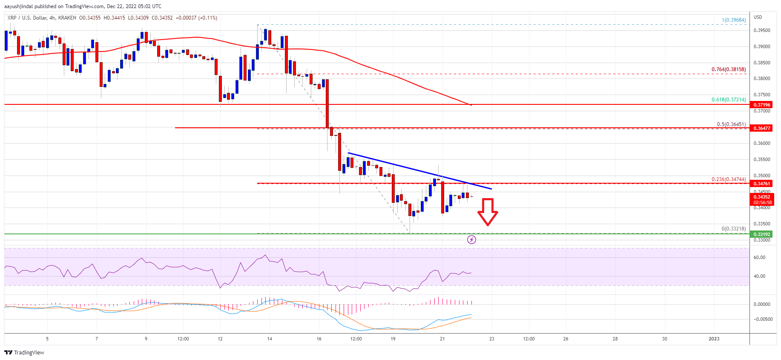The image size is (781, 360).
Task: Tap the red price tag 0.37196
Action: (762, 105)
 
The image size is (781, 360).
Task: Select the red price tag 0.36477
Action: (762, 128)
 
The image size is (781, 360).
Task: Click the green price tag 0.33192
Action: (762, 234)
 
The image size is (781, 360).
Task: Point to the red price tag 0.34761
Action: (762, 184)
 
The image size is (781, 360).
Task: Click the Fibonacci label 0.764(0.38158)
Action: (729, 69)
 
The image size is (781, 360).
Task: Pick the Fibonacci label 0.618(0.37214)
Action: (729, 100)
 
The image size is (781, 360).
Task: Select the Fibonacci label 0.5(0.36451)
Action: (731, 124)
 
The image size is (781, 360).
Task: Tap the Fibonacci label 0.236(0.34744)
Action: (729, 179)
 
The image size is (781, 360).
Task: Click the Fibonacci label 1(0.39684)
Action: (734, 20)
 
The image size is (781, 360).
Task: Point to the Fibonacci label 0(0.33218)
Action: (734, 229)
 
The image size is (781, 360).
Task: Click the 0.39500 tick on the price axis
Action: (762, 31)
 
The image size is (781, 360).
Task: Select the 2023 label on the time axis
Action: (714, 339)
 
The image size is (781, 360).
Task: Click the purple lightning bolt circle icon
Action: (471, 239)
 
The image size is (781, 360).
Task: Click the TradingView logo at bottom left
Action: (24, 352)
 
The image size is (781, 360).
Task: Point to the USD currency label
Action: (758, 17)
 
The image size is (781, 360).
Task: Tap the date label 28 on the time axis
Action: (615, 339)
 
